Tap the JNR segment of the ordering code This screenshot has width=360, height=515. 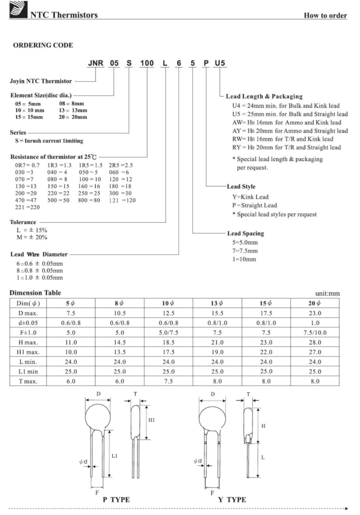tap(96, 64)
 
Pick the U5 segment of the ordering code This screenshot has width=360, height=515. tap(220, 64)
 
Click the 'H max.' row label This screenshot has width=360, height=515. tap(30, 340)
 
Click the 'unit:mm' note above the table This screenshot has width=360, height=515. tap(327, 294)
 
